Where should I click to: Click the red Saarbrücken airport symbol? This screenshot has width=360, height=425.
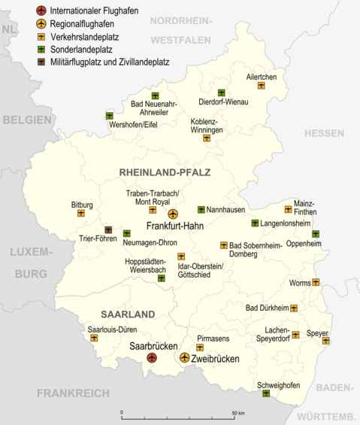(x=152, y=358)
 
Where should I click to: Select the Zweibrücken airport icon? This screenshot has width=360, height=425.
(x=185, y=358)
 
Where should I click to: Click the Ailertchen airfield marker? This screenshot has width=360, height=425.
(x=261, y=86)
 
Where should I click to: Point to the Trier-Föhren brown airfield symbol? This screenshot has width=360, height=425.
(x=108, y=230)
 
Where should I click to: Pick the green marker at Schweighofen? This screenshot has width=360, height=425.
(x=266, y=393)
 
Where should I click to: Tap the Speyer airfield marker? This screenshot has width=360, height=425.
(x=326, y=341)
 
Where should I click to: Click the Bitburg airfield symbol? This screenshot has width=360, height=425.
(x=81, y=214)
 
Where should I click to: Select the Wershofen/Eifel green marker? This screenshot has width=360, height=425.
(x=110, y=116)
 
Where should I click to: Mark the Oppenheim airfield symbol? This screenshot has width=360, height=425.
(x=316, y=234)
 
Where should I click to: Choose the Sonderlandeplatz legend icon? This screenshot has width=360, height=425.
(x=41, y=49)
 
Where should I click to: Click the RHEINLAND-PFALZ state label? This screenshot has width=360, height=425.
(x=165, y=172)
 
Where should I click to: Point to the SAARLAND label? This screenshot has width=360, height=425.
(x=128, y=314)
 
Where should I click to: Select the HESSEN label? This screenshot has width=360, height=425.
(x=323, y=133)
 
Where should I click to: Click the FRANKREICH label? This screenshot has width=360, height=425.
(x=73, y=393)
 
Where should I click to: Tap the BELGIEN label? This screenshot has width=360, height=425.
(x=26, y=120)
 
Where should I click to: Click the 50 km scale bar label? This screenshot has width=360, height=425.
(x=238, y=413)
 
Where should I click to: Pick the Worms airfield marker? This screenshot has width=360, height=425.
(x=316, y=283)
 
